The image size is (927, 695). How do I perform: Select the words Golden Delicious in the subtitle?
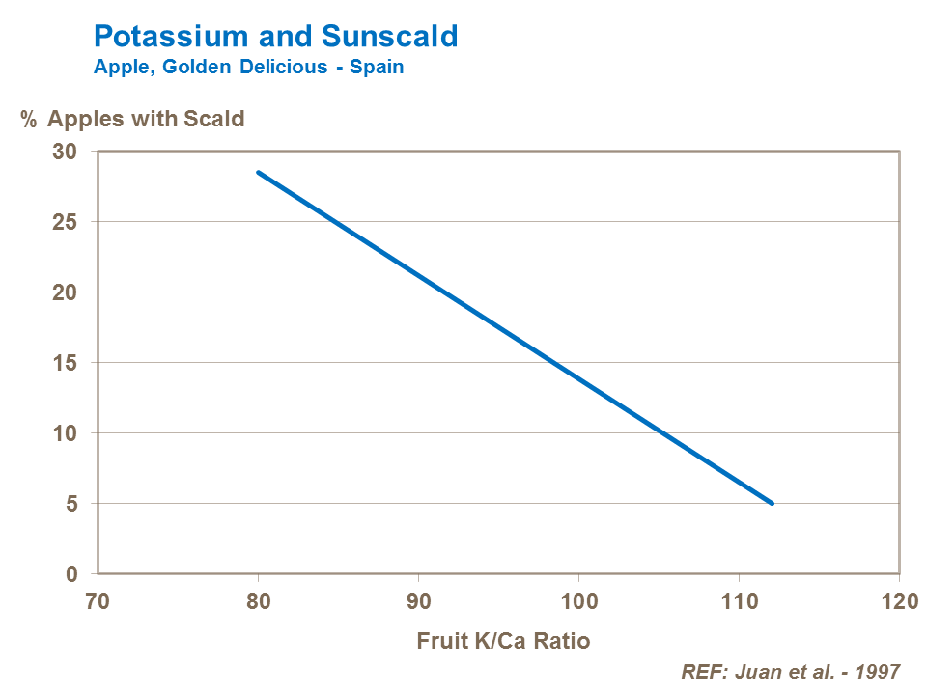tap(231, 69)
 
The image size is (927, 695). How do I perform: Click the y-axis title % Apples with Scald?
tap(133, 120)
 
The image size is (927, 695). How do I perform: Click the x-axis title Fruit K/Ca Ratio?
tap(503, 640)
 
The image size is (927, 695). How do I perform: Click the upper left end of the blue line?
tap(258, 172)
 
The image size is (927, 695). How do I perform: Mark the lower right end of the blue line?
tap(772, 503)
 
